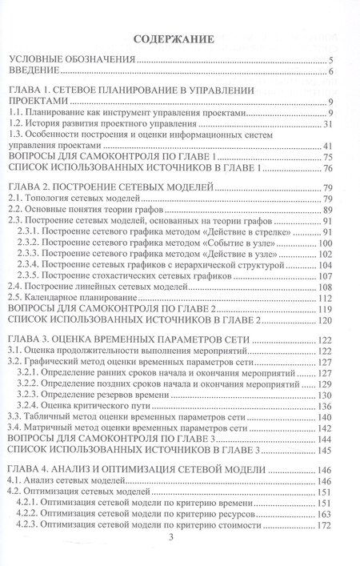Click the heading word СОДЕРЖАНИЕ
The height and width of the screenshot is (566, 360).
pyautogui.click(x=179, y=38)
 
